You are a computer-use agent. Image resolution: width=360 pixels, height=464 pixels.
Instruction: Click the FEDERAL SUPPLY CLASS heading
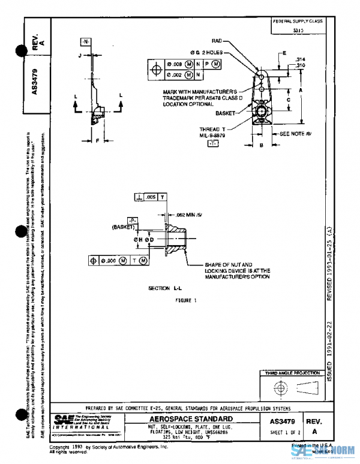[x=298, y=21]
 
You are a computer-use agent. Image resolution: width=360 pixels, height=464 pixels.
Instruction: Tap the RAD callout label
[x=217, y=41]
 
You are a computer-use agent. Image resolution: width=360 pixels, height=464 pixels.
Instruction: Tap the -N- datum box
[x=85, y=41]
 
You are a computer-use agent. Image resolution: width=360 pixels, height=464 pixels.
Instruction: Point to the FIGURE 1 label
[x=186, y=300]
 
